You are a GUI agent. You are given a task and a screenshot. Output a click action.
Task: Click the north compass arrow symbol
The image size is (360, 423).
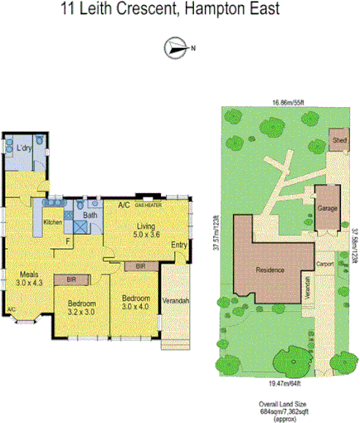[x=177, y=47]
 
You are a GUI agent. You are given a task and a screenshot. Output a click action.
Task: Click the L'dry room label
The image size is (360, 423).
[x=25, y=148]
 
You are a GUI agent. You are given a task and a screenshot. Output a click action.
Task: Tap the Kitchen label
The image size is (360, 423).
[x=53, y=221]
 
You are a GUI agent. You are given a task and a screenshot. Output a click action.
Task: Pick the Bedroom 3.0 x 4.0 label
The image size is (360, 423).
[x=135, y=303]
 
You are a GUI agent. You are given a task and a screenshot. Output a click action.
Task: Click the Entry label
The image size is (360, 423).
[x=179, y=245]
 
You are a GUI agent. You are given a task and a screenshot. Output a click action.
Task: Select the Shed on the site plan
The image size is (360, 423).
[x=339, y=142]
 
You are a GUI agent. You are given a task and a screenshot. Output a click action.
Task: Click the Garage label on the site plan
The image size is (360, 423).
[x=326, y=210]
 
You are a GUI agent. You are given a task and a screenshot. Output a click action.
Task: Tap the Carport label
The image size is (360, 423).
[x=325, y=265]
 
